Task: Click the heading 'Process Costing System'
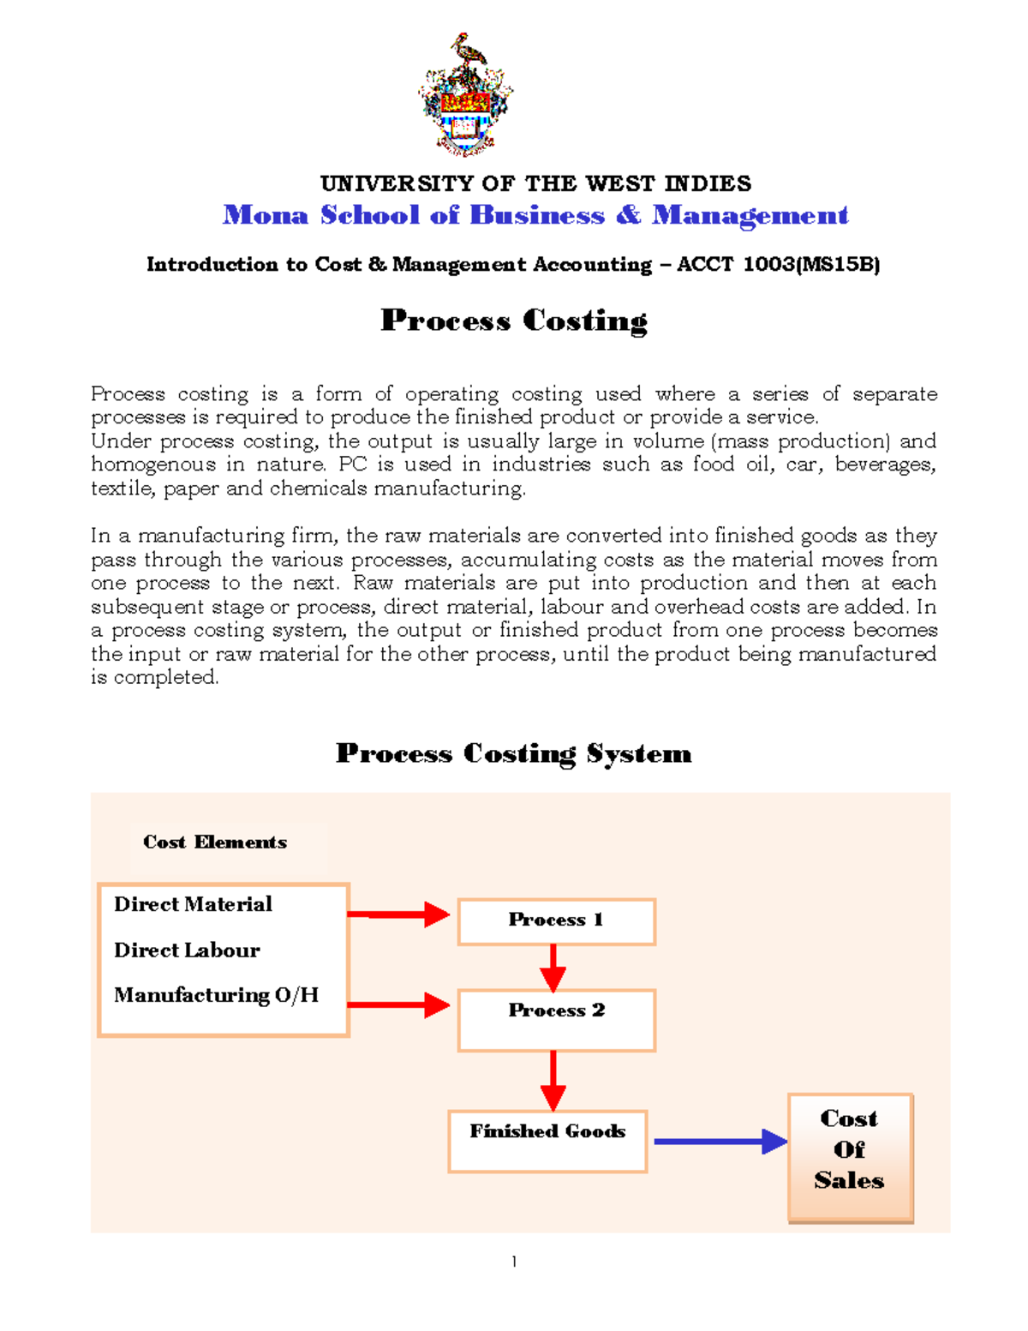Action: [x=513, y=753]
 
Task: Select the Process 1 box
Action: [x=556, y=921]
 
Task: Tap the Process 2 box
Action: [x=556, y=1020]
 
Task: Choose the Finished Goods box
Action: [x=547, y=1141]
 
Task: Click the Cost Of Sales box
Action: [x=850, y=1157]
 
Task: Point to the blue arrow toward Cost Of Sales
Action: [x=720, y=1142]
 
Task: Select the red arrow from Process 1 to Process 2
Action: [x=553, y=968]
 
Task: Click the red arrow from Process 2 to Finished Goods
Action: [x=553, y=1081]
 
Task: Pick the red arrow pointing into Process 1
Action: [x=398, y=914]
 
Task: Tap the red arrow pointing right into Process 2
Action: [x=398, y=1004]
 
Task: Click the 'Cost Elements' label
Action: [x=215, y=842]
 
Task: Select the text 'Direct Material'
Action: [x=193, y=904]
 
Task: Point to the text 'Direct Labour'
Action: [x=187, y=950]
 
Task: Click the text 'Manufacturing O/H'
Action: [x=216, y=995]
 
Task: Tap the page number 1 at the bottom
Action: [x=514, y=1262]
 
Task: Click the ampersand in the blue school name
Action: [x=628, y=214]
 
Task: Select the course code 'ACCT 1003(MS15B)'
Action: [x=779, y=264]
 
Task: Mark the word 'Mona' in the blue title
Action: [x=265, y=214]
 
